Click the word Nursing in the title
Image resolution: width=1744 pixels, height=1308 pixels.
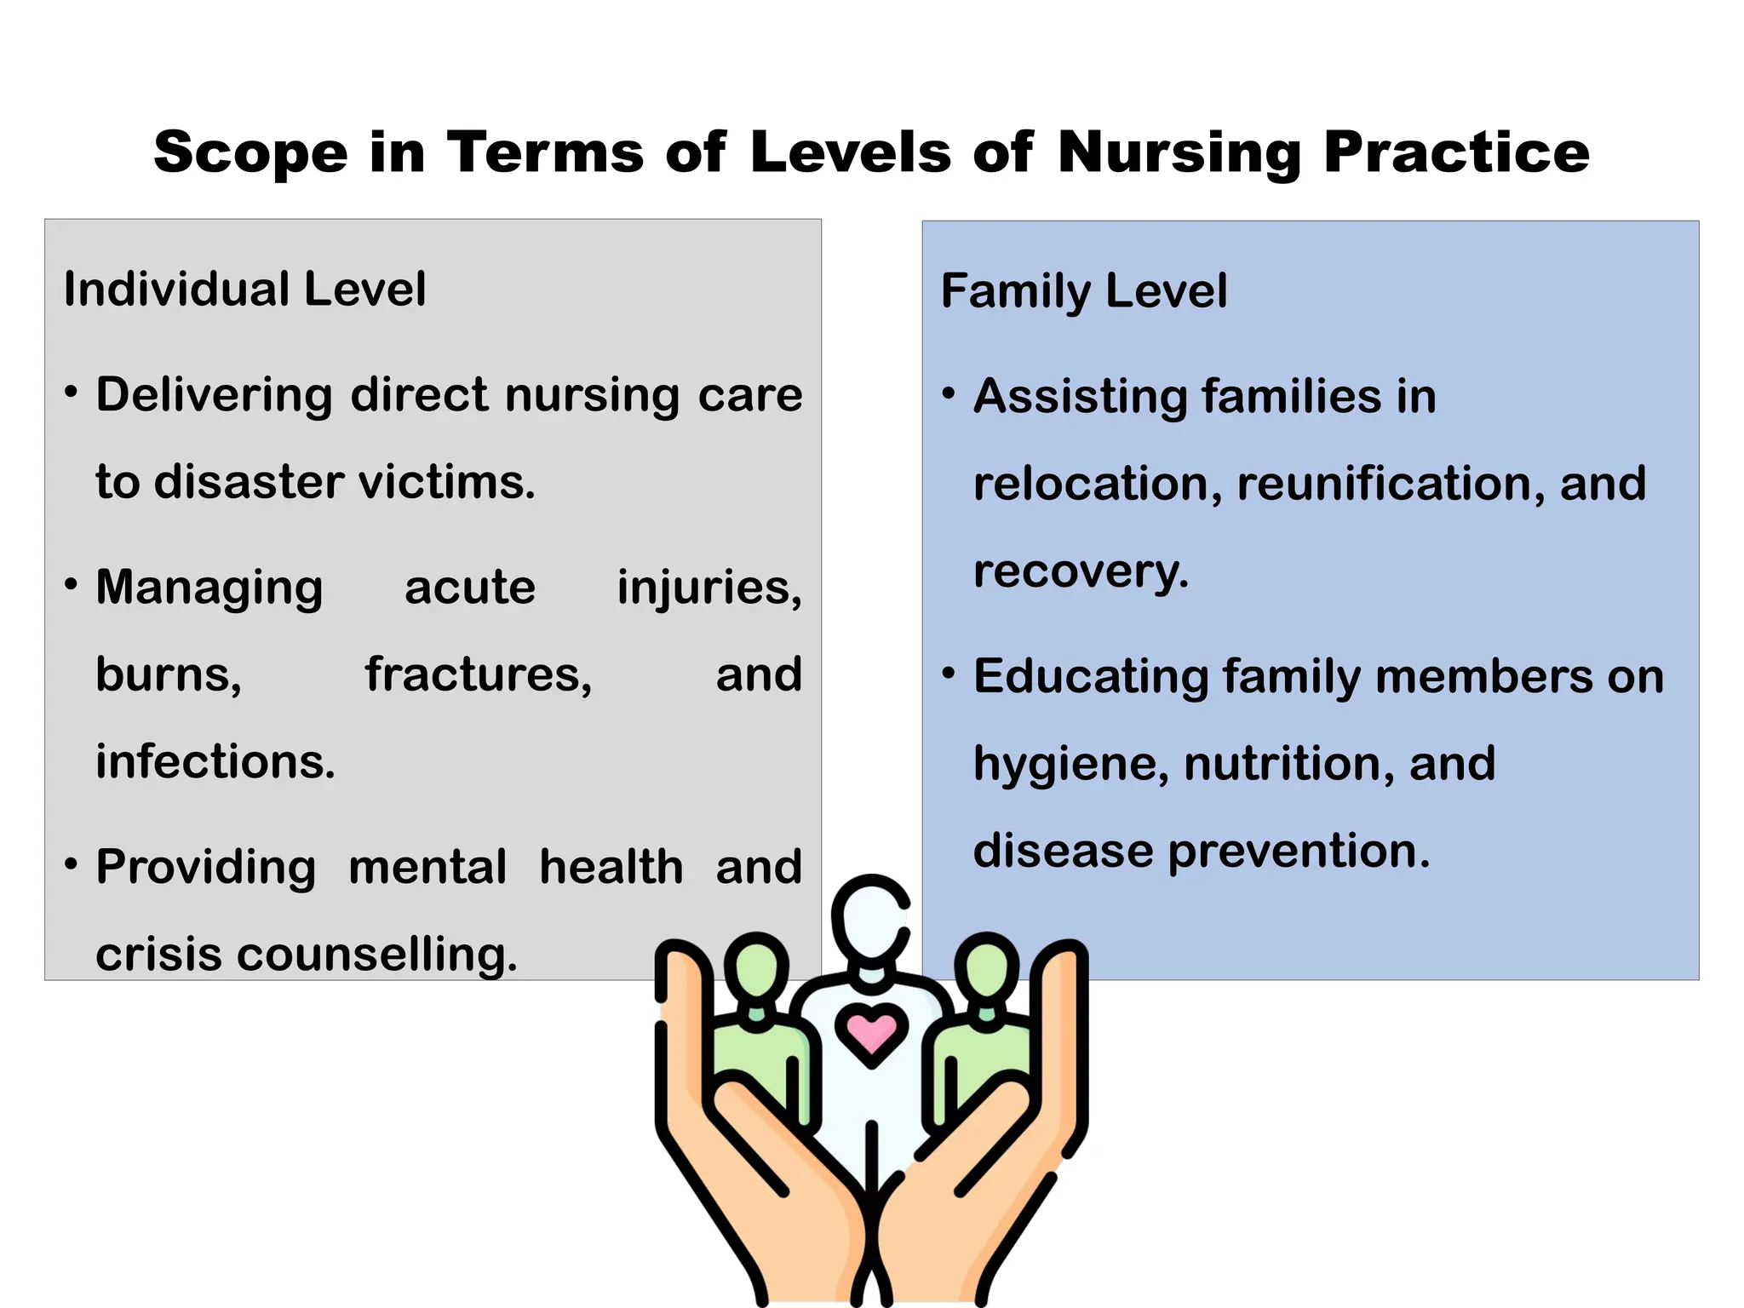(1179, 153)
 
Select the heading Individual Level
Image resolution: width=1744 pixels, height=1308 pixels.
(244, 290)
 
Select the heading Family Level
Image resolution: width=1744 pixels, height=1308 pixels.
(1084, 291)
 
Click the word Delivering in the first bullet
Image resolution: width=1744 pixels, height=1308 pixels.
(214, 396)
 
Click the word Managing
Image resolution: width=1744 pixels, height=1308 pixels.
(209, 588)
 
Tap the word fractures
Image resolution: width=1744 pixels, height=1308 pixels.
(479, 675)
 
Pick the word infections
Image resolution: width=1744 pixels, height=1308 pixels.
(215, 761)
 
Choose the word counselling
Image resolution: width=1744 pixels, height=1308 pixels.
(377, 955)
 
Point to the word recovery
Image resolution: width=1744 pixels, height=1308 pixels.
(1080, 571)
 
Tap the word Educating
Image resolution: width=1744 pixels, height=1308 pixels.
(1091, 677)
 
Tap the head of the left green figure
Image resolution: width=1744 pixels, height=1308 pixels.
(756, 966)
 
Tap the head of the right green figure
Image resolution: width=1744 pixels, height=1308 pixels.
(986, 966)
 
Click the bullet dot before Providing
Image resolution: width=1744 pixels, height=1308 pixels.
(72, 864)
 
